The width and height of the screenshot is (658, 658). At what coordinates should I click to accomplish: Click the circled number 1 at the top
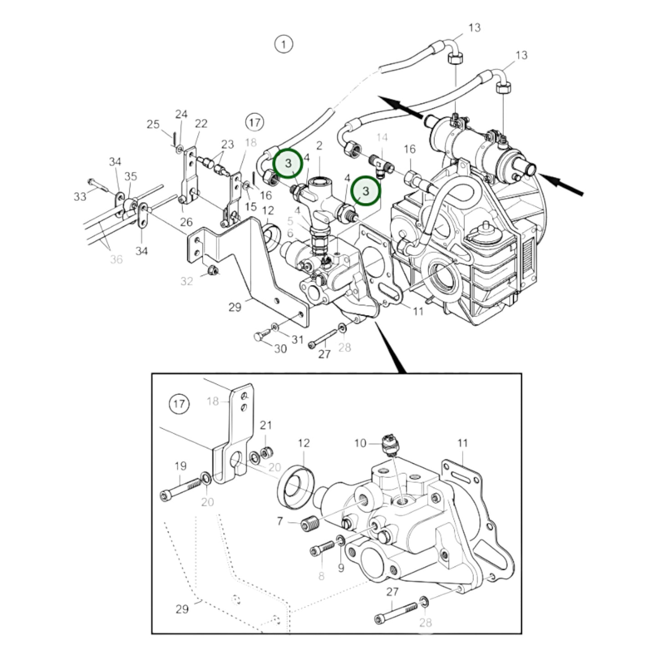[284, 44]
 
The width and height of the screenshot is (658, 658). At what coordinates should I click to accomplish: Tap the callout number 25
[153, 124]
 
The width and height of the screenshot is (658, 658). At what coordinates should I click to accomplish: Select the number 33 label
[80, 196]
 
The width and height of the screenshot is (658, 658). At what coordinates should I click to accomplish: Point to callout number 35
[131, 176]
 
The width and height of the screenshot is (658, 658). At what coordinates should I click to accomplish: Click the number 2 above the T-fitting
[319, 146]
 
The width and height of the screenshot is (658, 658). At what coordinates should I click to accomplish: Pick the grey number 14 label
[382, 138]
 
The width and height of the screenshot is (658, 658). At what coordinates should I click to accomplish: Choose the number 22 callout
[201, 123]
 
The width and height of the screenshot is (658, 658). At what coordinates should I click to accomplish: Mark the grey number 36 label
[116, 259]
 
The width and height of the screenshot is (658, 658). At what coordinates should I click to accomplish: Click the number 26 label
[186, 222]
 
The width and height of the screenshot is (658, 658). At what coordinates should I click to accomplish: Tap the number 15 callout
[251, 206]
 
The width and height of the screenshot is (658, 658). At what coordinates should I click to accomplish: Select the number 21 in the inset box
[265, 425]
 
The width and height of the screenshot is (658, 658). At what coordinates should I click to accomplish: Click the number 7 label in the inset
[280, 520]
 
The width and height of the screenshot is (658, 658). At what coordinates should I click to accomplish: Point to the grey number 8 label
[321, 576]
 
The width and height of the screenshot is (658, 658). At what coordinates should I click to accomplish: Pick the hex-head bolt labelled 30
[260, 337]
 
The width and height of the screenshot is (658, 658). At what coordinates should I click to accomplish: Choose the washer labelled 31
[275, 326]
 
